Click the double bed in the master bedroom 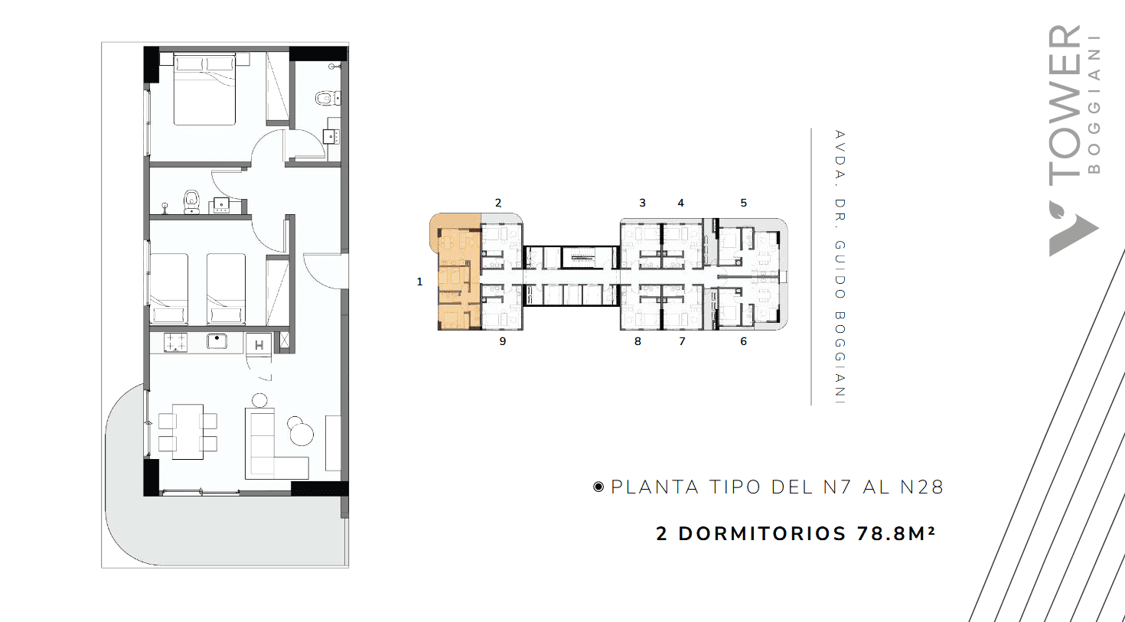[x=204, y=90]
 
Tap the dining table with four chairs [x=187, y=431]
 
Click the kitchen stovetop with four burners [x=175, y=343]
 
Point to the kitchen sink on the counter [x=217, y=341]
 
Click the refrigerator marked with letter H [x=259, y=344]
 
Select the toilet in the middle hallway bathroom [x=191, y=201]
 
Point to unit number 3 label [x=642, y=203]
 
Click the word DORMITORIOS [x=762, y=534]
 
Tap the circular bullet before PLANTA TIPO [x=598, y=487]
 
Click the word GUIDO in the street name [x=840, y=269]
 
